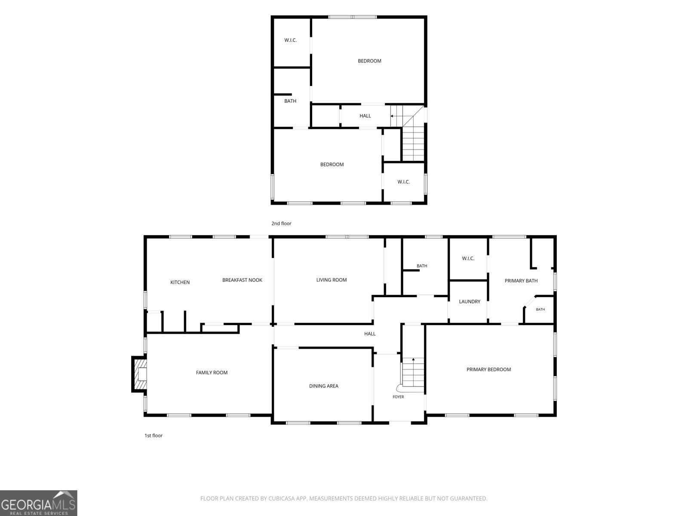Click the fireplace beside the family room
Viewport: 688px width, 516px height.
[x=139, y=374]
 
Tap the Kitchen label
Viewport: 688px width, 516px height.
[x=180, y=282]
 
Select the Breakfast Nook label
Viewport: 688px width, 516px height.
[x=242, y=280]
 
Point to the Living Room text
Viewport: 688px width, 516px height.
[x=332, y=280]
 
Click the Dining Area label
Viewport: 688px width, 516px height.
[x=324, y=386]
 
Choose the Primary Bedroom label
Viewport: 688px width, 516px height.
[x=488, y=369]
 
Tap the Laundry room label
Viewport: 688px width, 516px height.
[x=470, y=301]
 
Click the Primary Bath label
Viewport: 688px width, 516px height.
[x=521, y=281]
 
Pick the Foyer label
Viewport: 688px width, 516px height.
[x=398, y=396]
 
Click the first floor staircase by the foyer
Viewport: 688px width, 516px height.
[x=413, y=375]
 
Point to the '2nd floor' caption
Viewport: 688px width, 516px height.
[x=282, y=223]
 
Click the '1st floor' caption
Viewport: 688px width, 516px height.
[x=154, y=436]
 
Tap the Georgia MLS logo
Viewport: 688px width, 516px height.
[x=39, y=503]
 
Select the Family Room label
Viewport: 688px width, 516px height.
[x=212, y=372]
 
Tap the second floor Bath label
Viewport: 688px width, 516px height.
[x=290, y=101]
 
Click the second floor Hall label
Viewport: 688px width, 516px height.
[x=365, y=116]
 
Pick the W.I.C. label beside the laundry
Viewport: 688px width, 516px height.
[x=468, y=258]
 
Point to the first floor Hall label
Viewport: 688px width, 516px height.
[x=370, y=334]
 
